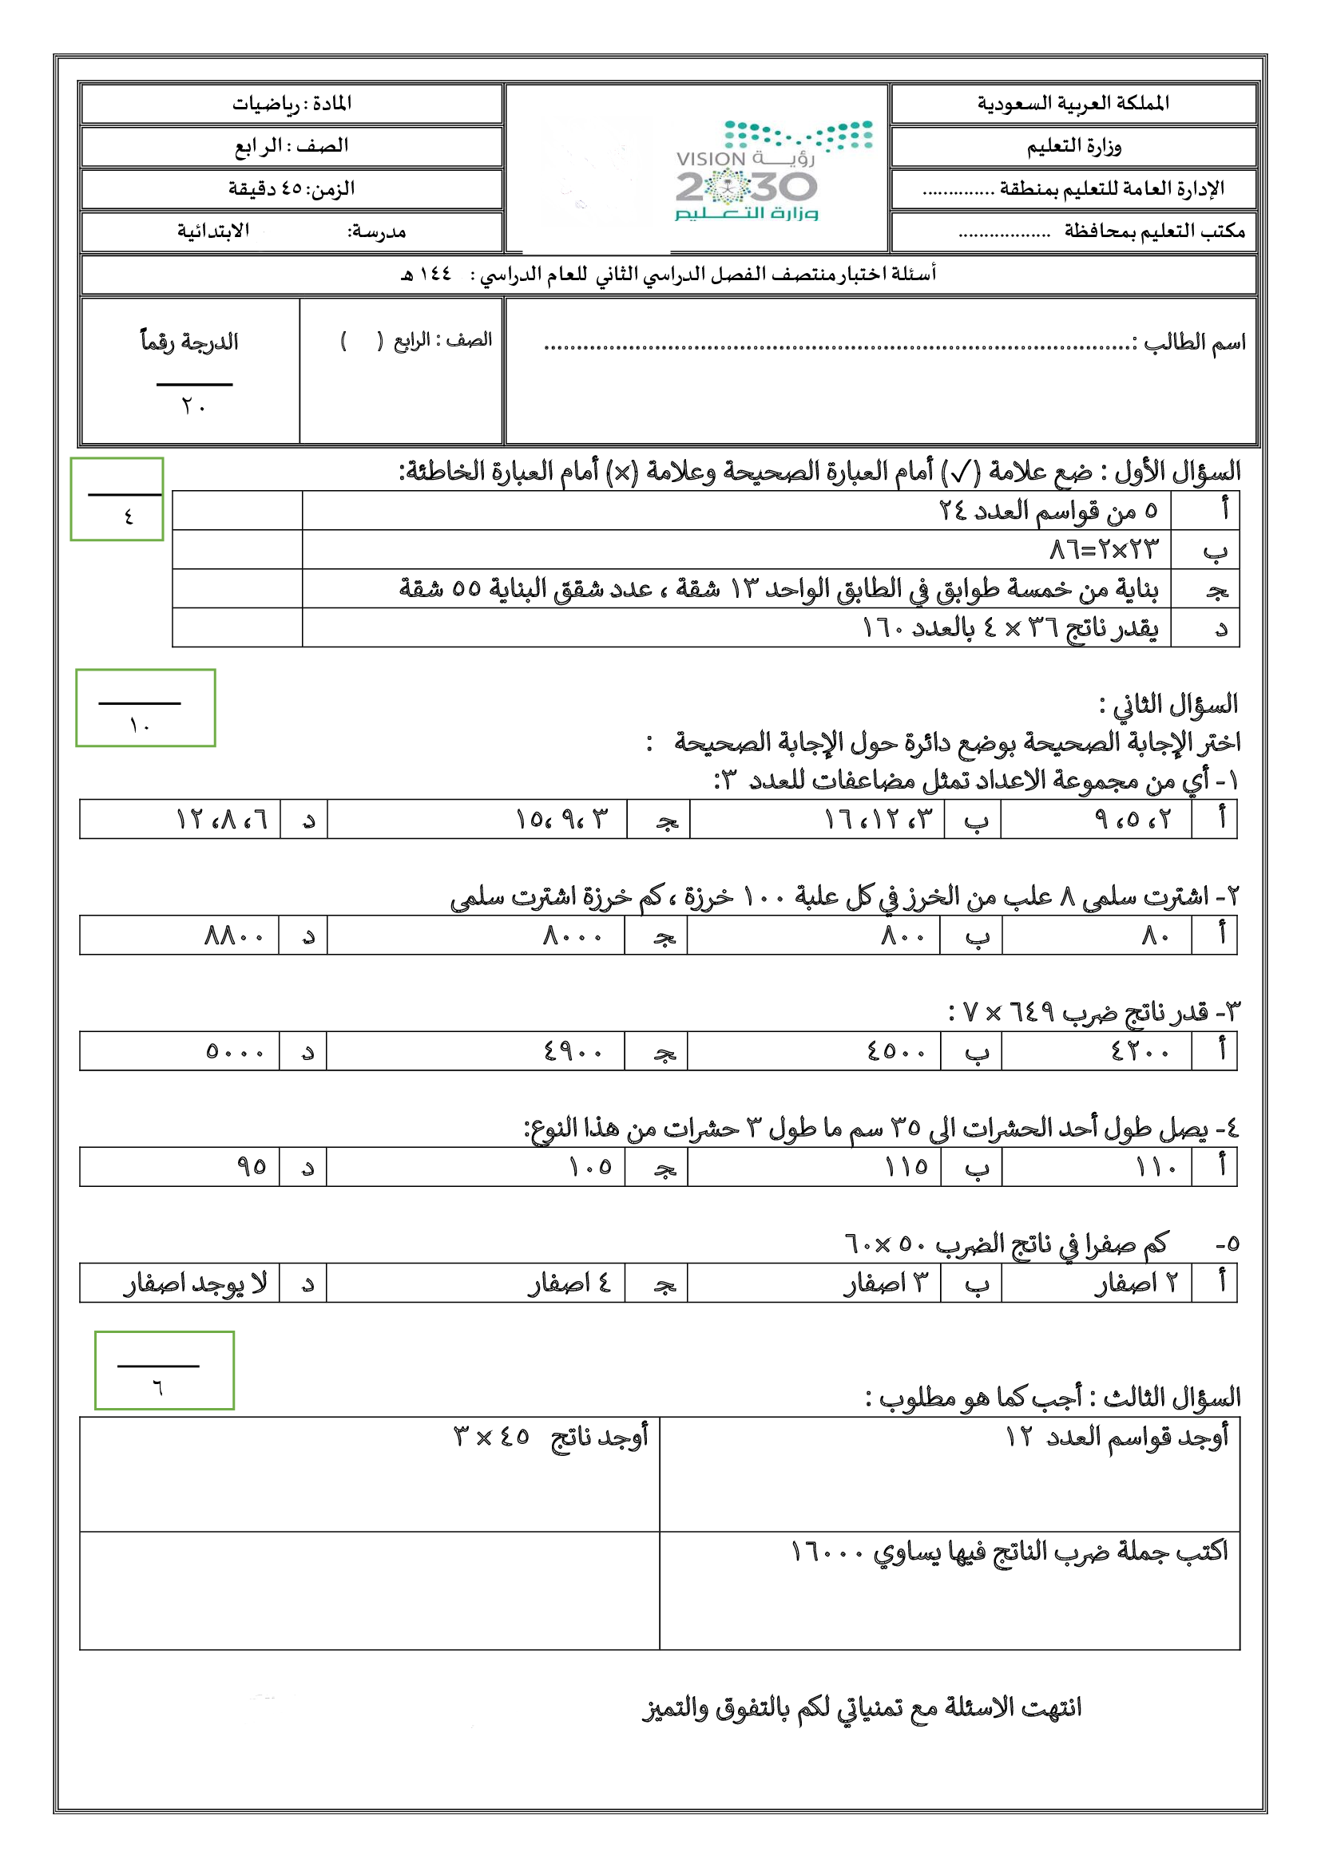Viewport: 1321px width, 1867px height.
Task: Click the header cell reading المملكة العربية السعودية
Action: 1073,103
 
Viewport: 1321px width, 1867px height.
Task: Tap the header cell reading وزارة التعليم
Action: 1073,146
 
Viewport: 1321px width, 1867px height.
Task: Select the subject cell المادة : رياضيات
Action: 292,103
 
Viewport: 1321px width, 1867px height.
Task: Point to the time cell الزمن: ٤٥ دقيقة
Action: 292,188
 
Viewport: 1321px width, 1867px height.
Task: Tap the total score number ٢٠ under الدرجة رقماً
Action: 193,405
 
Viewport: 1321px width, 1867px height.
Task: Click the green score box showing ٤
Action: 117,499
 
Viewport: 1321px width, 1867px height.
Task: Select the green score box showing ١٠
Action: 145,707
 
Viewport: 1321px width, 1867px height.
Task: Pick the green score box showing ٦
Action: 165,1371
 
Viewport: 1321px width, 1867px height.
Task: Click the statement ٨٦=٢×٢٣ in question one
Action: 1103,550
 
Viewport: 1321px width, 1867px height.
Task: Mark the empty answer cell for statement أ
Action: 237,511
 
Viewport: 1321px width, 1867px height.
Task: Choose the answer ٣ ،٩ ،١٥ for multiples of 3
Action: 561,819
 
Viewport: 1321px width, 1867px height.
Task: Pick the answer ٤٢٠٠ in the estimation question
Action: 1139,1051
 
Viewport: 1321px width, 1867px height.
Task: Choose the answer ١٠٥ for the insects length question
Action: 589,1168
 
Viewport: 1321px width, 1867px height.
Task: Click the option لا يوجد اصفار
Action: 195,1284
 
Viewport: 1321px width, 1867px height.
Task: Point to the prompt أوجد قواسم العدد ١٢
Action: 1116,1437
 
